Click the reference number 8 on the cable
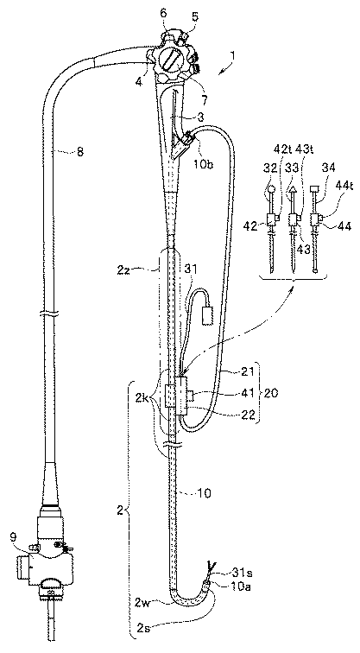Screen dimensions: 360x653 click(x=79, y=152)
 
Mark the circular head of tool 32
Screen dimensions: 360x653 click(x=271, y=187)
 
